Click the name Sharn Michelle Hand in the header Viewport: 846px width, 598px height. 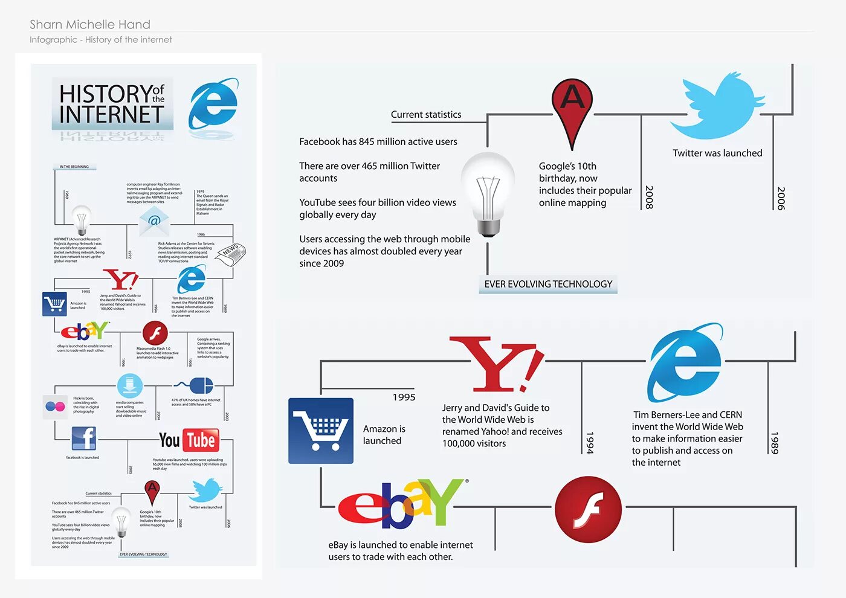[x=90, y=25]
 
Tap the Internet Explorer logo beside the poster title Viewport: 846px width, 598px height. [x=213, y=103]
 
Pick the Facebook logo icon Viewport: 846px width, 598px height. [x=84, y=438]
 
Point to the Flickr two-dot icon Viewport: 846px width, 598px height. [x=55, y=407]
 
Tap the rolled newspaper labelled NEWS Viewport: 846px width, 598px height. [x=231, y=253]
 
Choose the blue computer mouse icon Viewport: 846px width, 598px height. [x=200, y=385]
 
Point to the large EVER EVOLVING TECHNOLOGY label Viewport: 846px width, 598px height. [x=548, y=284]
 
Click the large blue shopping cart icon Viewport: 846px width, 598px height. [x=321, y=431]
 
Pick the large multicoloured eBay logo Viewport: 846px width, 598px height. [x=402, y=503]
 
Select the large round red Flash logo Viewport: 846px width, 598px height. [x=588, y=509]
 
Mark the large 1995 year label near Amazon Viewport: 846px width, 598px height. [x=404, y=397]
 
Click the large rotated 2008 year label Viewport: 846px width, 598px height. [x=649, y=197]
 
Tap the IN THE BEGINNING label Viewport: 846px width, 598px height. [x=74, y=167]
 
